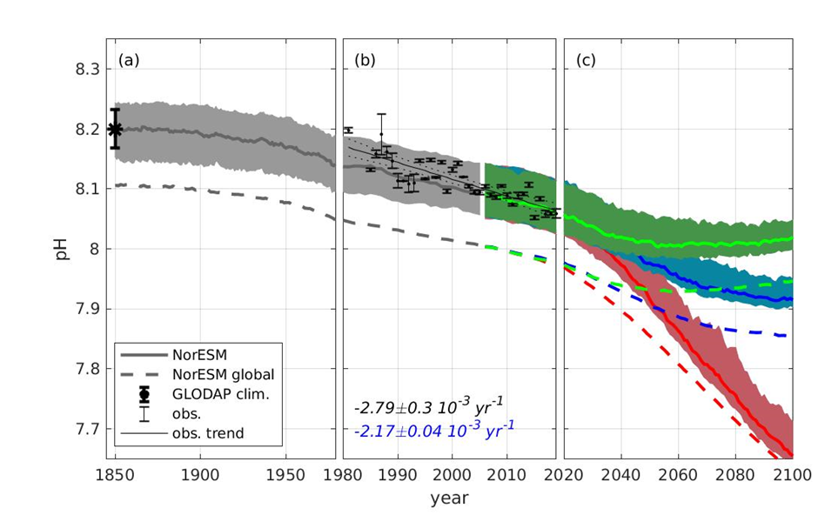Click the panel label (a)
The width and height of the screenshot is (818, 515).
click(x=128, y=61)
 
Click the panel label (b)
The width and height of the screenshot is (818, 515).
click(x=364, y=61)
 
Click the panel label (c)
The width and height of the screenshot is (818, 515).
click(x=586, y=61)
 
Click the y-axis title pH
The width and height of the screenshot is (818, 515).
click(x=62, y=249)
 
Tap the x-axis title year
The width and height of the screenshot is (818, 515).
click(x=449, y=498)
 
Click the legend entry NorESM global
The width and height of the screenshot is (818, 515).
click(x=223, y=375)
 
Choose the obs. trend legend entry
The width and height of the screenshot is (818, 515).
click(x=207, y=433)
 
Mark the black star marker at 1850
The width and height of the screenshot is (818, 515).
click(x=115, y=129)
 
